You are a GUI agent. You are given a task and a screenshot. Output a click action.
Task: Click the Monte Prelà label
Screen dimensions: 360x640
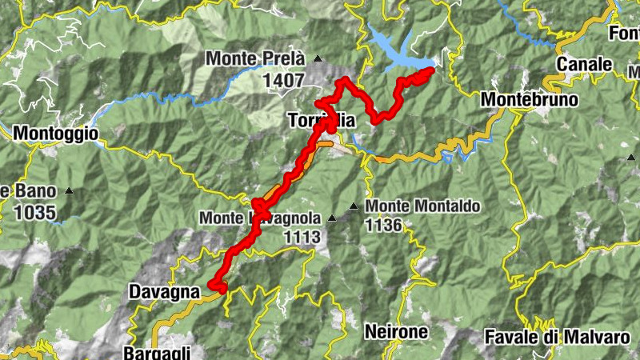coord(255,58)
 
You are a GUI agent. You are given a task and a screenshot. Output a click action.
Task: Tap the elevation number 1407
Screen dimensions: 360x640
coord(282,80)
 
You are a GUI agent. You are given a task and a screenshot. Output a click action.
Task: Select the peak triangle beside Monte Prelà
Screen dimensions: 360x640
coord(318,58)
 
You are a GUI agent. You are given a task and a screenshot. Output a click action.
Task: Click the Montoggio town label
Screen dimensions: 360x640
coord(56,134)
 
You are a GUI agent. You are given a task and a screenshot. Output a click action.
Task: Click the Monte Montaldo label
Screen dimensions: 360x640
coord(422,206)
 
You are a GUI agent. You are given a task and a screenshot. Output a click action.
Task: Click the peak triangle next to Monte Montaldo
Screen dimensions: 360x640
coord(353,207)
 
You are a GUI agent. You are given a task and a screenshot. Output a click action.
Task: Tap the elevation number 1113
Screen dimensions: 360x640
coord(301,237)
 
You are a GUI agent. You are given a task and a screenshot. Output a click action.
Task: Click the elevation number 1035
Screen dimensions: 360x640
coord(34,212)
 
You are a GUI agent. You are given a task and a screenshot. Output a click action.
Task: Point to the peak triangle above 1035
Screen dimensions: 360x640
coord(69,191)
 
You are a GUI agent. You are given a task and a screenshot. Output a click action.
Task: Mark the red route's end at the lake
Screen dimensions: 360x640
coord(431,70)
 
